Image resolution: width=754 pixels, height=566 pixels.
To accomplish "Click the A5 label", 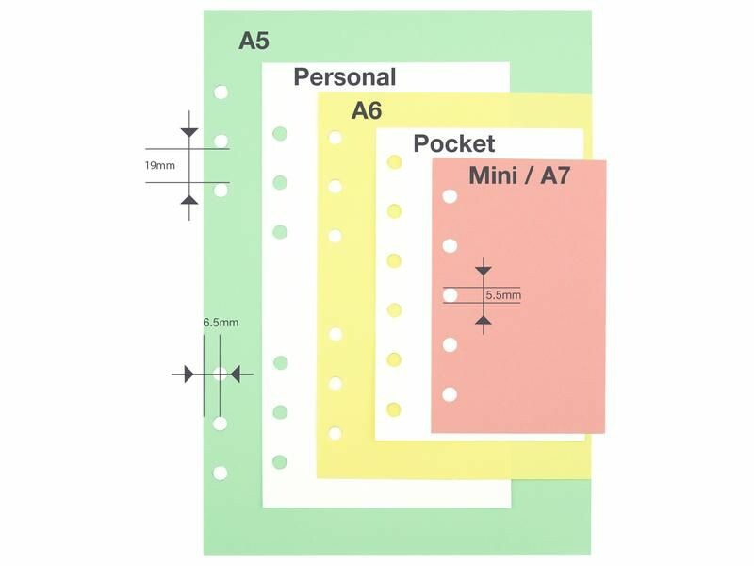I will pyautogui.click(x=254, y=41).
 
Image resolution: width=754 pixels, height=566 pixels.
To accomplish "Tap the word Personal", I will pyautogui.click(x=345, y=77).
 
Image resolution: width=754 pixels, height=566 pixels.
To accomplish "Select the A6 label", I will pyautogui.click(x=367, y=110).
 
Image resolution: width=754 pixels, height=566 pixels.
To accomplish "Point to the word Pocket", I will pyautogui.click(x=453, y=143).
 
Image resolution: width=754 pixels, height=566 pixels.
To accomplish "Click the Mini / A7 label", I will pyautogui.click(x=519, y=175).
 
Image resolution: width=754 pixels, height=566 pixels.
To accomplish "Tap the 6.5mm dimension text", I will pyautogui.click(x=221, y=323).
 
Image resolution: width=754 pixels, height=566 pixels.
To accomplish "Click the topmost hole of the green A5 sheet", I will pyautogui.click(x=221, y=92).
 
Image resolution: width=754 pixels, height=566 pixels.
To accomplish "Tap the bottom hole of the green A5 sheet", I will pyautogui.click(x=221, y=472).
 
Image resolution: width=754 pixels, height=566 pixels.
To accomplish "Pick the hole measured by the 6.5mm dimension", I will pyautogui.click(x=221, y=375).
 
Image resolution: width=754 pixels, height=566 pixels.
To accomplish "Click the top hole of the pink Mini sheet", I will pyautogui.click(x=451, y=196).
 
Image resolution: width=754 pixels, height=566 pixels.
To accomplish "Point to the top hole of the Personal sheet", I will pyautogui.click(x=279, y=133).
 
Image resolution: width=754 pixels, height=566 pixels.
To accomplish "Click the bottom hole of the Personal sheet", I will pyautogui.click(x=279, y=461).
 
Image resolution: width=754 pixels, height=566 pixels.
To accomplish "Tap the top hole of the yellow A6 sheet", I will pyautogui.click(x=334, y=138).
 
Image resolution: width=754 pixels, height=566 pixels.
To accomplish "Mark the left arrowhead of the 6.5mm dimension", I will pyautogui.click(x=188, y=375).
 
